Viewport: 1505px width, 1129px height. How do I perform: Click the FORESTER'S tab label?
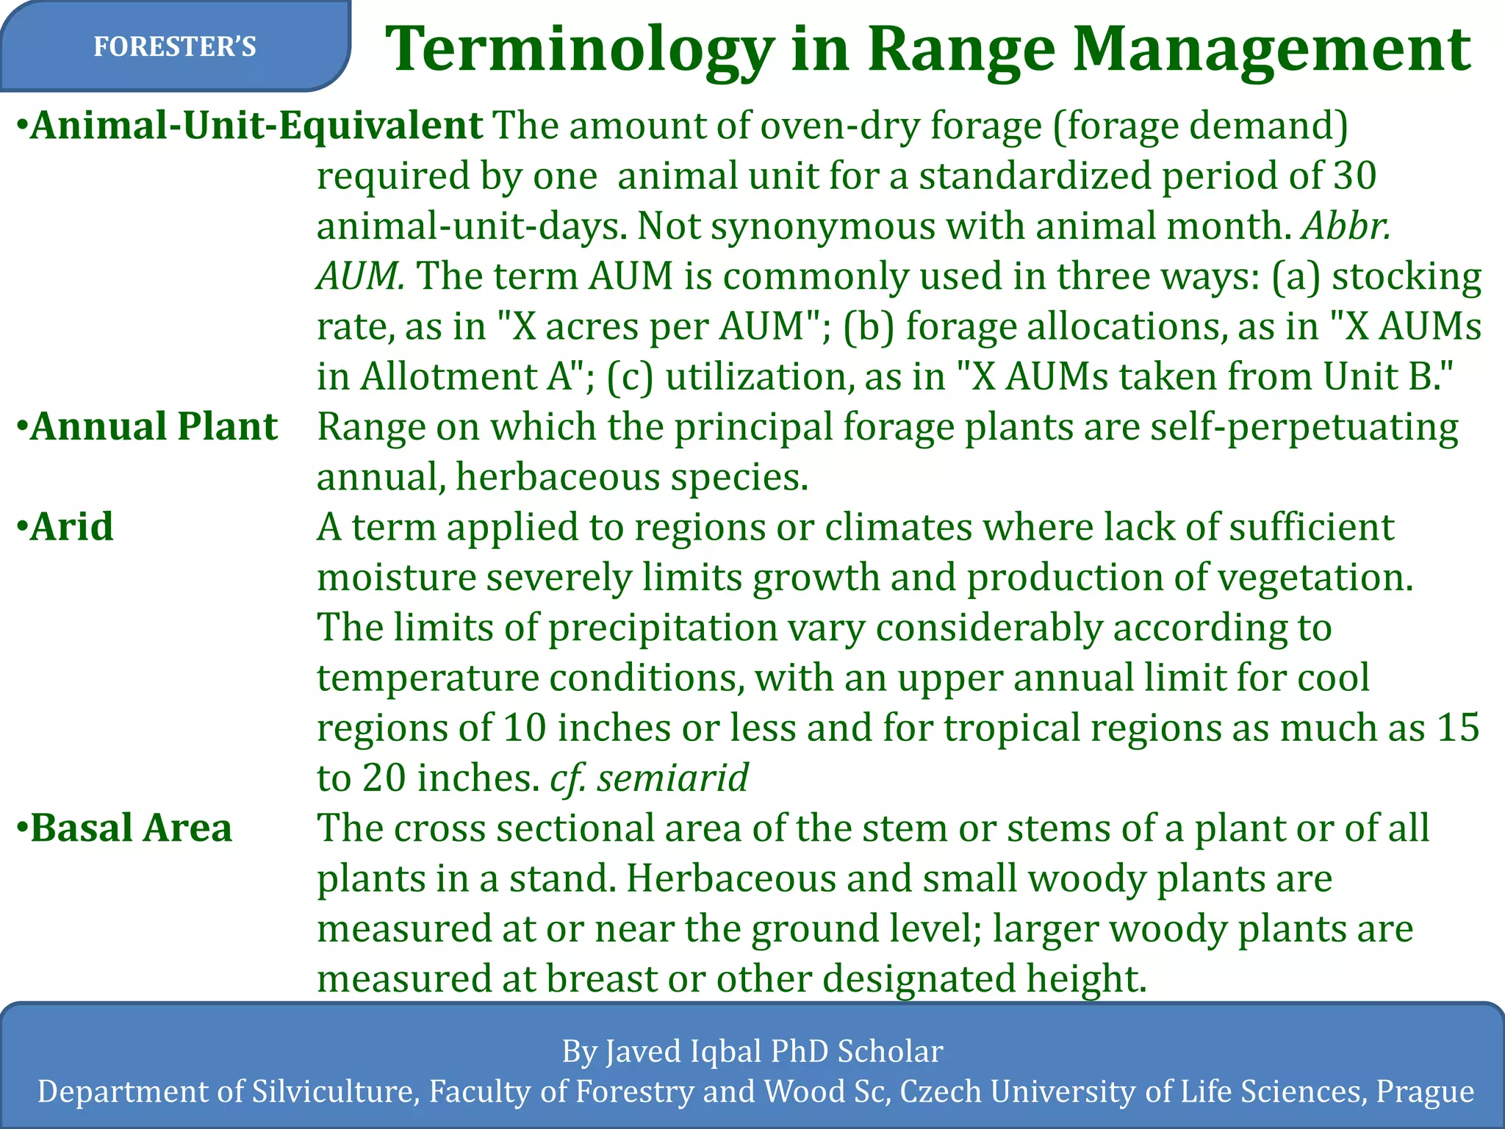pyautogui.click(x=174, y=47)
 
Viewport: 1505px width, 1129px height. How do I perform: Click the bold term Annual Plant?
pyautogui.click(x=154, y=426)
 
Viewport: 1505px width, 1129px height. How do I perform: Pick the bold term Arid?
pyautogui.click(x=72, y=527)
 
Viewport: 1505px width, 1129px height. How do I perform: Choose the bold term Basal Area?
pyautogui.click(x=131, y=828)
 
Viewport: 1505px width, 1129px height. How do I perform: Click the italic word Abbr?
pyautogui.click(x=1346, y=226)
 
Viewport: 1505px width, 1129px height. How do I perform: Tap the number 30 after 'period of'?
pyautogui.click(x=1354, y=176)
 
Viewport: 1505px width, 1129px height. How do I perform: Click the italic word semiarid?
pyautogui.click(x=672, y=778)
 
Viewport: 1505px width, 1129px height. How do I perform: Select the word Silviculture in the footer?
pyautogui.click(x=335, y=1092)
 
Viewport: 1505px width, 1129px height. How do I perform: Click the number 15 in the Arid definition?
pyautogui.click(x=1458, y=728)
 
